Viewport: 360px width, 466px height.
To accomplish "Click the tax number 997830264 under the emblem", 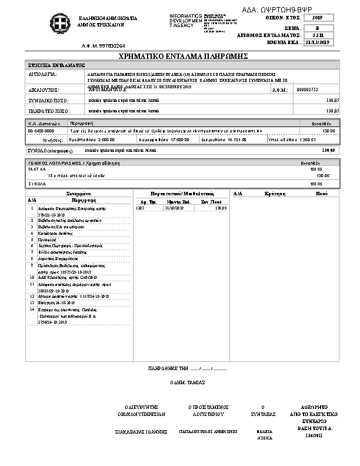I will (104, 45).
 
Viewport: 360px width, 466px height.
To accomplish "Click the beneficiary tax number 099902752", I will (308, 89).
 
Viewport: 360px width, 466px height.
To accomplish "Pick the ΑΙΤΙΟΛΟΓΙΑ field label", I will (42, 75).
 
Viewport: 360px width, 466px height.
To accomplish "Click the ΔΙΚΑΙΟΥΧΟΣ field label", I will (44, 90).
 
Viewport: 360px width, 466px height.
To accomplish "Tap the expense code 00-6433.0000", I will (41, 131).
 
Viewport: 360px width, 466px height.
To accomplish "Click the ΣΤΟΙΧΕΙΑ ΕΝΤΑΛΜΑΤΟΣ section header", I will (56, 65).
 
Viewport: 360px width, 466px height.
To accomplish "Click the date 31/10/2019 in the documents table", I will (175, 208).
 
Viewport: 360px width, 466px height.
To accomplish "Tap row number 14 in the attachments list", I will (32, 308).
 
